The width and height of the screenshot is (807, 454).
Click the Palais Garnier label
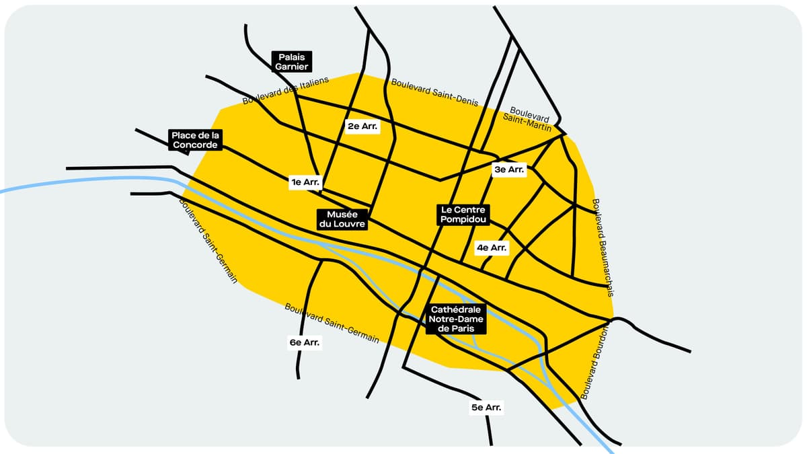[292, 62]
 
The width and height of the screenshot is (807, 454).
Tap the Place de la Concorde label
[195, 140]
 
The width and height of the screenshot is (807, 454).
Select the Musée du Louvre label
[342, 219]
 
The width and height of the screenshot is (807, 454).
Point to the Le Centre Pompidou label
[463, 215]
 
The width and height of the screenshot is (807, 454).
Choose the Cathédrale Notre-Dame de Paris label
[455, 319]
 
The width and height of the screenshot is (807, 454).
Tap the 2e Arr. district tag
[362, 126]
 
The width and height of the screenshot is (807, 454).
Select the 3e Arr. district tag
[508, 170]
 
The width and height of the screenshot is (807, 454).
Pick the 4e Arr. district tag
[491, 248]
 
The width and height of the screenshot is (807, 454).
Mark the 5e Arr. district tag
[486, 408]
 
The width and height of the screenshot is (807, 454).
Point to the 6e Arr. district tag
[304, 342]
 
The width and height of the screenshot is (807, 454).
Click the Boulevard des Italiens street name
[285, 91]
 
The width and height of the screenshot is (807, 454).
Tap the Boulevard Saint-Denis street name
[434, 93]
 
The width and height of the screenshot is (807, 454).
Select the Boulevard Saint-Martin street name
[529, 118]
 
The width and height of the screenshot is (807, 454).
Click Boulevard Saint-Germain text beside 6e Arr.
[332, 323]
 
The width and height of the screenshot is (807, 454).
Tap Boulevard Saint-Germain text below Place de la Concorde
[209, 240]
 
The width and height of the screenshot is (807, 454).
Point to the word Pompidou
[463, 219]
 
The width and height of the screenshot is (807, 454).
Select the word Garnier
[292, 67]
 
